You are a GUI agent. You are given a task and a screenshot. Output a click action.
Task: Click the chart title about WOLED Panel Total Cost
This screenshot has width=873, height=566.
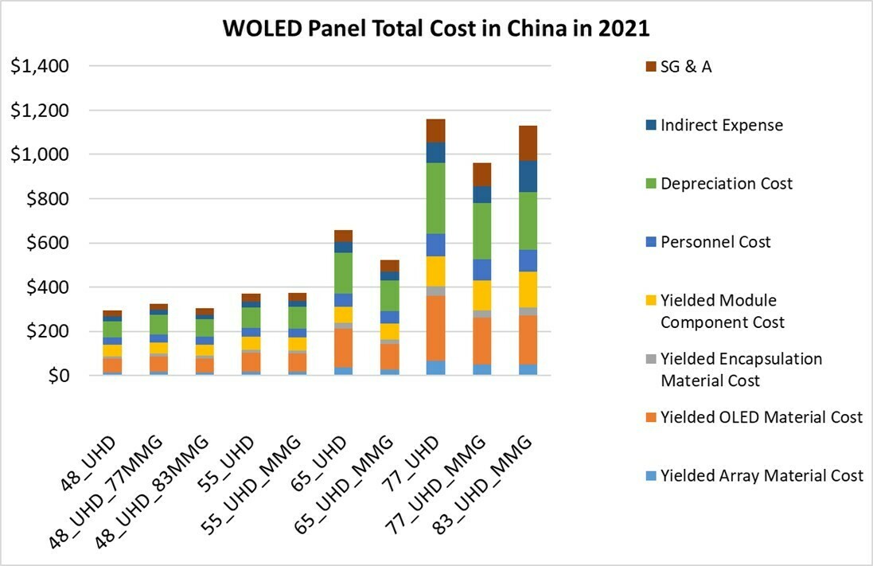[436, 29]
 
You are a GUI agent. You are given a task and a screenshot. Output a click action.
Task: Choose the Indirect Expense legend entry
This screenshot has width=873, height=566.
[721, 125]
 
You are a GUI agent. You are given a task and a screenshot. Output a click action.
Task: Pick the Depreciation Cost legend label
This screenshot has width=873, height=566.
[726, 184]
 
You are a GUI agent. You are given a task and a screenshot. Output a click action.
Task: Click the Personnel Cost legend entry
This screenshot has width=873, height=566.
[715, 242]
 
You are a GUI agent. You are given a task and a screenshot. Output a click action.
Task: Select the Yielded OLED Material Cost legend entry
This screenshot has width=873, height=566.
[761, 417]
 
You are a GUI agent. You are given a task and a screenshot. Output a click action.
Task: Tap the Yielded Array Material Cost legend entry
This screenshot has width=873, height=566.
[762, 476]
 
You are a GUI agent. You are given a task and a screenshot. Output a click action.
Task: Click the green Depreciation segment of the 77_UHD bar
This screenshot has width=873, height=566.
[435, 198]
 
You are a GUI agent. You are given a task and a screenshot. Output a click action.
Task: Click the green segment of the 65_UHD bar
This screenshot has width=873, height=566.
[343, 273]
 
